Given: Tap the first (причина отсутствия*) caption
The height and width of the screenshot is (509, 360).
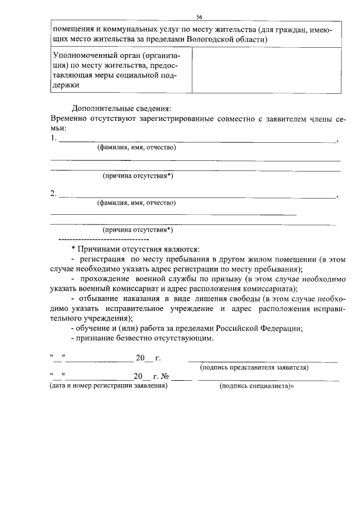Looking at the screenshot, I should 137,175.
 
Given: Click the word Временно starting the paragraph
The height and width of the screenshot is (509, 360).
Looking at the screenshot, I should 70,119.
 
